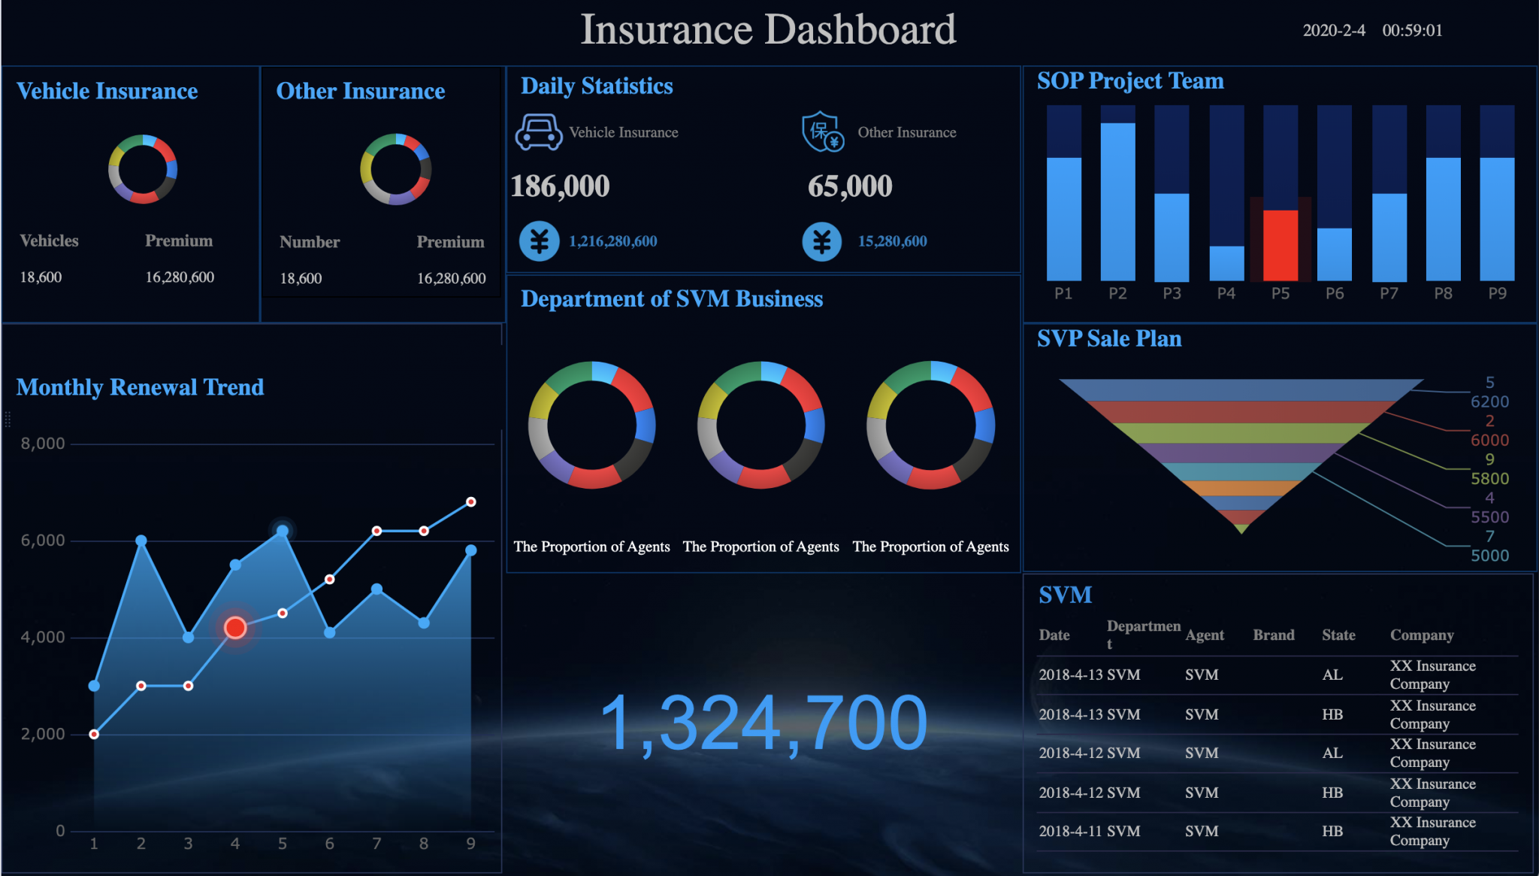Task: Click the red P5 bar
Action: click(x=1280, y=245)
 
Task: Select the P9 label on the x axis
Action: click(x=1497, y=293)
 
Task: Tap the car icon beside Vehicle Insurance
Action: click(x=538, y=132)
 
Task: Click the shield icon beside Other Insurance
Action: click(x=822, y=132)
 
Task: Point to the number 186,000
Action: click(x=560, y=186)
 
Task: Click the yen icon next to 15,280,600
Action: click(x=821, y=241)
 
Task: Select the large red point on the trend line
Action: click(x=235, y=627)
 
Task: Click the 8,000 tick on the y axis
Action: click(x=43, y=444)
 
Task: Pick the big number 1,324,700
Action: click(x=763, y=723)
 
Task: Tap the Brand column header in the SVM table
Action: click(x=1273, y=635)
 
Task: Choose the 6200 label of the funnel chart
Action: click(x=1489, y=402)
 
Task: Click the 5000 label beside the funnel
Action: click(x=1489, y=556)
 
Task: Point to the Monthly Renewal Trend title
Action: click(x=140, y=387)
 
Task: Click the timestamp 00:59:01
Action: click(x=1412, y=31)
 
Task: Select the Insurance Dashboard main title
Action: click(x=768, y=30)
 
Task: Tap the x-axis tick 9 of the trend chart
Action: click(x=470, y=844)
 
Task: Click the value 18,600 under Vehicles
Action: click(x=41, y=277)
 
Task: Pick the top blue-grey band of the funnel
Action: click(x=1240, y=390)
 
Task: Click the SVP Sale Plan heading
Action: click(x=1109, y=339)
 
